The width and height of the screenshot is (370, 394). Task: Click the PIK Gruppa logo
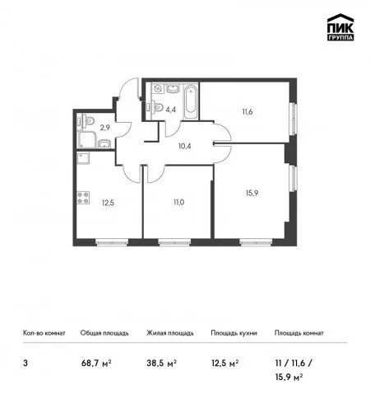click(x=340, y=27)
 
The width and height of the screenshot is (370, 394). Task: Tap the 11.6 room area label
click(x=247, y=112)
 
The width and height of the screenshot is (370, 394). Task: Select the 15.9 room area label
click(x=252, y=193)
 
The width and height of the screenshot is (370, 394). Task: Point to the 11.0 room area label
click(x=178, y=203)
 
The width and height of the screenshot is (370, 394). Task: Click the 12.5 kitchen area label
click(x=108, y=203)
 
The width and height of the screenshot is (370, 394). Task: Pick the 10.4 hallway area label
click(x=184, y=146)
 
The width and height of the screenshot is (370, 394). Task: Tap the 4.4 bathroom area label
click(x=170, y=110)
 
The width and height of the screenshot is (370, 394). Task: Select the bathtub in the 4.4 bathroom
click(x=191, y=102)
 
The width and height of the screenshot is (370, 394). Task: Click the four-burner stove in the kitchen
click(x=83, y=198)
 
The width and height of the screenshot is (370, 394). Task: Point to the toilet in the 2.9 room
click(x=86, y=121)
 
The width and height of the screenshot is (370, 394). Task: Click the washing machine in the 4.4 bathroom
click(x=158, y=88)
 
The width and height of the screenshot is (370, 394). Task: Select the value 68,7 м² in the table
click(x=96, y=364)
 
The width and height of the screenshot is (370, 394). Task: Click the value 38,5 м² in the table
click(x=161, y=364)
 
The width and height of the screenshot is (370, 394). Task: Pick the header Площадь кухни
click(x=234, y=333)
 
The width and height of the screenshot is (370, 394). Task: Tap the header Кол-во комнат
click(x=44, y=333)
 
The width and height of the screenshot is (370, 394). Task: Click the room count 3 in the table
click(x=25, y=364)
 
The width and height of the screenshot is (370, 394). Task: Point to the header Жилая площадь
click(x=170, y=333)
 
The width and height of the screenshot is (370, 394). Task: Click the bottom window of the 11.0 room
click(x=174, y=242)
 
